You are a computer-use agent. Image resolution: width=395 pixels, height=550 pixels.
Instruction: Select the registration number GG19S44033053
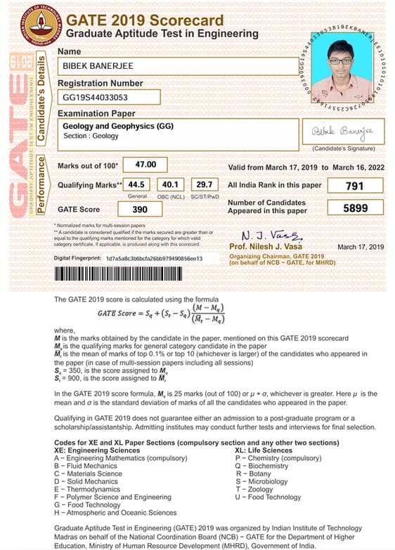point(96,98)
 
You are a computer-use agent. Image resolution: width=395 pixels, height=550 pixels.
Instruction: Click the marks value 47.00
point(150,165)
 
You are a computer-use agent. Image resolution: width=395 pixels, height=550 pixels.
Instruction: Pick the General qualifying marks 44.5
point(136,185)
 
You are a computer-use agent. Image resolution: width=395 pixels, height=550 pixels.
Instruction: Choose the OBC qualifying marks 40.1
point(171,185)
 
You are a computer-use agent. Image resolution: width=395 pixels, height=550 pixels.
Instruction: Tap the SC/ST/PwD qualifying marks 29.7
point(205,185)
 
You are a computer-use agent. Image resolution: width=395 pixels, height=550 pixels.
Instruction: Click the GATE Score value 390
point(141,209)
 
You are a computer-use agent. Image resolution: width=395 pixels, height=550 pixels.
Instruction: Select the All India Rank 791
point(355,186)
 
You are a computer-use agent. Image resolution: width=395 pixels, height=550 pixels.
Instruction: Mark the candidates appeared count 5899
point(355,209)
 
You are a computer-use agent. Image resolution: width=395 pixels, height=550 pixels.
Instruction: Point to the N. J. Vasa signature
point(264,235)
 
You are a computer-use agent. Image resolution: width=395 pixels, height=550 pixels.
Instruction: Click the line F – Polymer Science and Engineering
point(112,497)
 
